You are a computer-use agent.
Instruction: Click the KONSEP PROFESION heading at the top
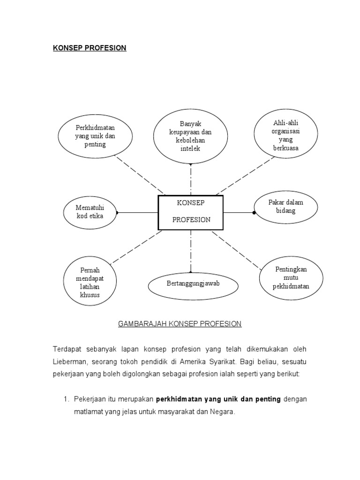coord(89,48)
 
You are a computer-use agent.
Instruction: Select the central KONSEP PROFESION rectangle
coord(191,213)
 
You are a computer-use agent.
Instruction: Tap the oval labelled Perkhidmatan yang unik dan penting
coord(95,136)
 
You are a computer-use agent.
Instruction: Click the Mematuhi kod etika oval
coord(90,212)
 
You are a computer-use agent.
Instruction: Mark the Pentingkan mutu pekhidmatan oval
coord(291,277)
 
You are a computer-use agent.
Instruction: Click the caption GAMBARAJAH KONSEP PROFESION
coord(180,324)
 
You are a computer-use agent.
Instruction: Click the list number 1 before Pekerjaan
coord(66,399)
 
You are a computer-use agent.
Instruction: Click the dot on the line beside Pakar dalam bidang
coord(254,213)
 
